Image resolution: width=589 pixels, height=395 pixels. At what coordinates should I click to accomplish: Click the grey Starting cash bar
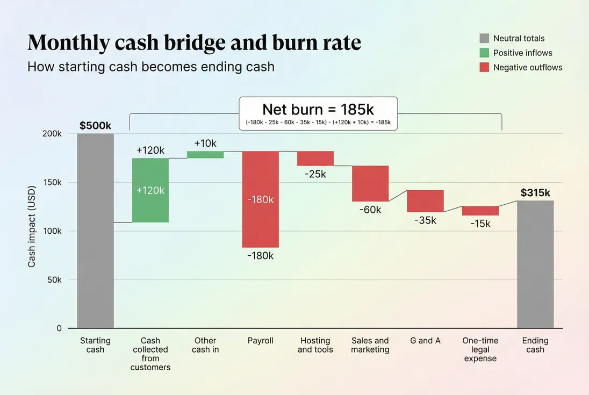coord(95,231)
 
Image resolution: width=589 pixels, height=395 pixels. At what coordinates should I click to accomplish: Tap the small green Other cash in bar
coord(205,155)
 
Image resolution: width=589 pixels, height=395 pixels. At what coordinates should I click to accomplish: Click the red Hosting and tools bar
coord(315,159)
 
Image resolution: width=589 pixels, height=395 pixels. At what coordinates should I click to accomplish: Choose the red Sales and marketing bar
coord(370,183)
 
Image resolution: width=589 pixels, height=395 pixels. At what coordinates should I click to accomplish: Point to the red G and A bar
coord(425,201)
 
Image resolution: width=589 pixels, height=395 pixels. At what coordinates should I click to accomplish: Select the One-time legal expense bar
coord(480,211)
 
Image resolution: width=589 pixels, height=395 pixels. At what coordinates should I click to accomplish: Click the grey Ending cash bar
coord(535,264)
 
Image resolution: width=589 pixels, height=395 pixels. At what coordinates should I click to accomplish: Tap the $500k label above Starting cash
coord(95,126)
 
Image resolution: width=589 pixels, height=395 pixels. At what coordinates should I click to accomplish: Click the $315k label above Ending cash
coord(535,193)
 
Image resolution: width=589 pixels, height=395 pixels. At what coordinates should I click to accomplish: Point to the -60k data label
coord(370,210)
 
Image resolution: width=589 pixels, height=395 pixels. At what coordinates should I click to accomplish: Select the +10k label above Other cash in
coord(205,143)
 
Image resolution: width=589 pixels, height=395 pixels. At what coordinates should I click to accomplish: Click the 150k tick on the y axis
coord(52,183)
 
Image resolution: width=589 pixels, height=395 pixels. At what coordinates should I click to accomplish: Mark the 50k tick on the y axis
coord(54,280)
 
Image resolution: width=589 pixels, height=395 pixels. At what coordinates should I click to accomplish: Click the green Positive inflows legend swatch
coord(484,53)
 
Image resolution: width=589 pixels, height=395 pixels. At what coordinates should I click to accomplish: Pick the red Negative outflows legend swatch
coord(484,67)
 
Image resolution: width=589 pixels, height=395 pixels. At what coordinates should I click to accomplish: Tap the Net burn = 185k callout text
coord(318,110)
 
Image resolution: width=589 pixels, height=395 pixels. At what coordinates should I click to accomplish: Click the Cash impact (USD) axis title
coord(32,231)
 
